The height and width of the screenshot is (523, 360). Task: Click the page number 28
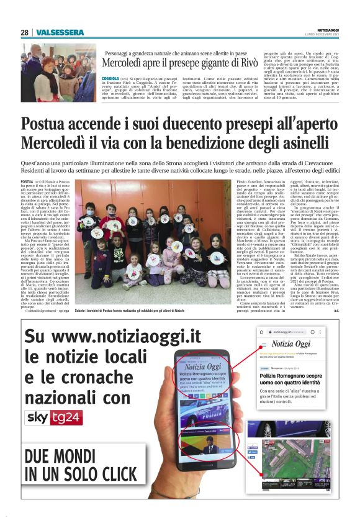click(x=25, y=32)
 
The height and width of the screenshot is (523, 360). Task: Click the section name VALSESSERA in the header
click(x=59, y=32)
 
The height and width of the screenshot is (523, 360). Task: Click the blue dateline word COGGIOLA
click(x=111, y=79)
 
